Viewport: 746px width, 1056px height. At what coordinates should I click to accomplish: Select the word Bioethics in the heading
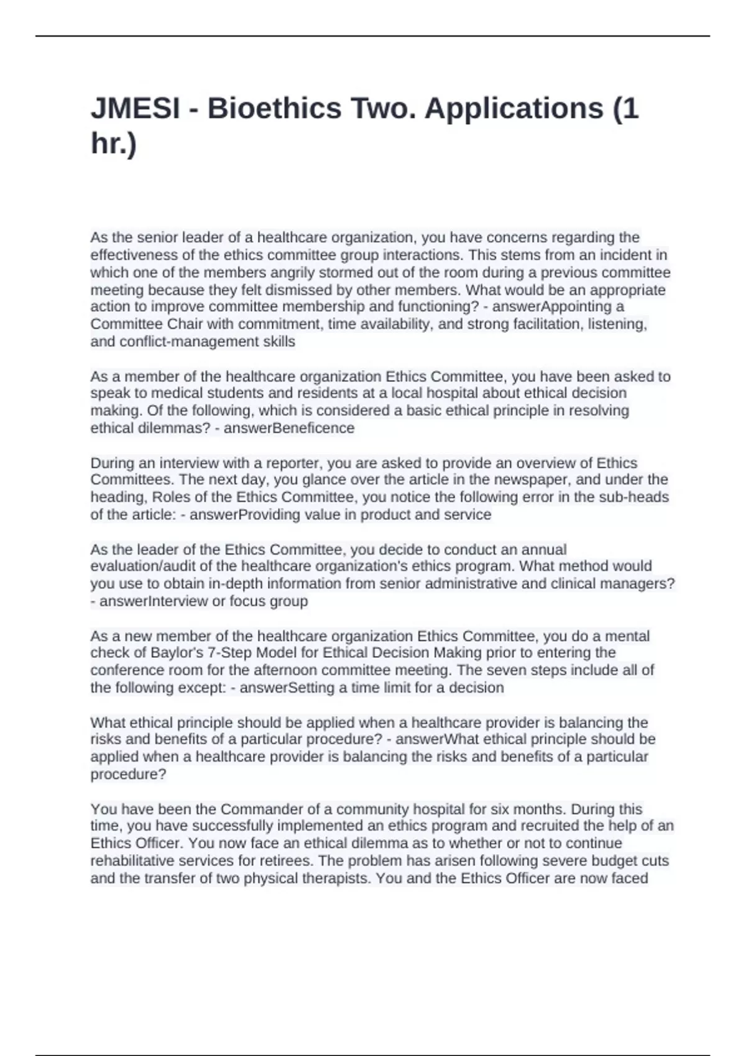(274, 109)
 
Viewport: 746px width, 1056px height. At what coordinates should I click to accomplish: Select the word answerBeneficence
(289, 428)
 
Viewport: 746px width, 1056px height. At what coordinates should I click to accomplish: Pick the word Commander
(259, 809)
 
